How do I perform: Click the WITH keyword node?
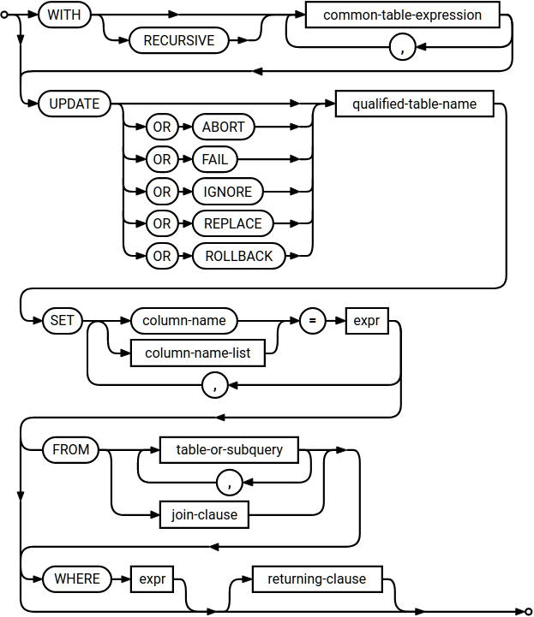click(63, 15)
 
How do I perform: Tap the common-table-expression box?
click(402, 15)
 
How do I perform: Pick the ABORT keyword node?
click(224, 127)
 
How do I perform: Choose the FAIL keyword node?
click(214, 159)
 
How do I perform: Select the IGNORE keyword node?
click(227, 192)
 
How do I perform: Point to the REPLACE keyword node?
click(232, 224)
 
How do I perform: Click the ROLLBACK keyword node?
click(238, 257)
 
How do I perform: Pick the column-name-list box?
click(197, 353)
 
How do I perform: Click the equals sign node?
click(313, 321)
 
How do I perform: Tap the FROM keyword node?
click(71, 449)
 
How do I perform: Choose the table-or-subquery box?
click(229, 449)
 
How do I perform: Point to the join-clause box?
click(204, 515)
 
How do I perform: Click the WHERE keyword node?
click(77, 578)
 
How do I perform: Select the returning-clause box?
click(316, 578)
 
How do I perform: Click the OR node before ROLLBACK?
click(162, 257)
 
